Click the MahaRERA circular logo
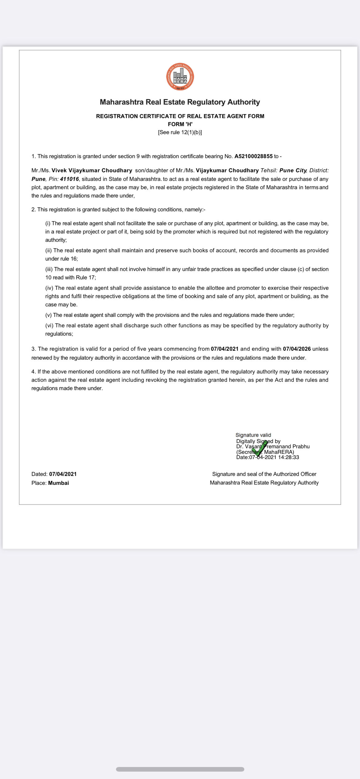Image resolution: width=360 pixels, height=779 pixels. point(180,77)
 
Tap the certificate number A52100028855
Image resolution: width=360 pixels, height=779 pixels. point(253,156)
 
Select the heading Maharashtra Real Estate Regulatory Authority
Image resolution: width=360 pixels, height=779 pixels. point(180,102)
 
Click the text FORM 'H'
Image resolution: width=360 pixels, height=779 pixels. point(180,124)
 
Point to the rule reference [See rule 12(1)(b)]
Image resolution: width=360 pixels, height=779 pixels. point(180,132)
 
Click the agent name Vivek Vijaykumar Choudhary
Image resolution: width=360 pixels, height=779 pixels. point(92,170)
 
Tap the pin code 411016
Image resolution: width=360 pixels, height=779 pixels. point(69,179)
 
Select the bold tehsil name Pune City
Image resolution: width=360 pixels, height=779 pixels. point(293,170)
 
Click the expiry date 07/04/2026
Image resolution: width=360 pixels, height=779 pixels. point(297,349)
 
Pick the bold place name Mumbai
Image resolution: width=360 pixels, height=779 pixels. point(58,483)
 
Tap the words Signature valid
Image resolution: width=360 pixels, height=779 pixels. point(253,435)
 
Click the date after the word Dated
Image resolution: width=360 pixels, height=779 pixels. point(63,474)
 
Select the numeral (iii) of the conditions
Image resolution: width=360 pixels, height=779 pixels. point(49,269)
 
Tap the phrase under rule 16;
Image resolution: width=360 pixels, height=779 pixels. point(62,259)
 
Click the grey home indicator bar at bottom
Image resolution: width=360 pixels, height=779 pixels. point(180,769)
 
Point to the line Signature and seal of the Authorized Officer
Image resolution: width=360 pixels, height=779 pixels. point(264,474)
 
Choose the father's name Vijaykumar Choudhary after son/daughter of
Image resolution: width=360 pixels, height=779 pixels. point(227,170)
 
